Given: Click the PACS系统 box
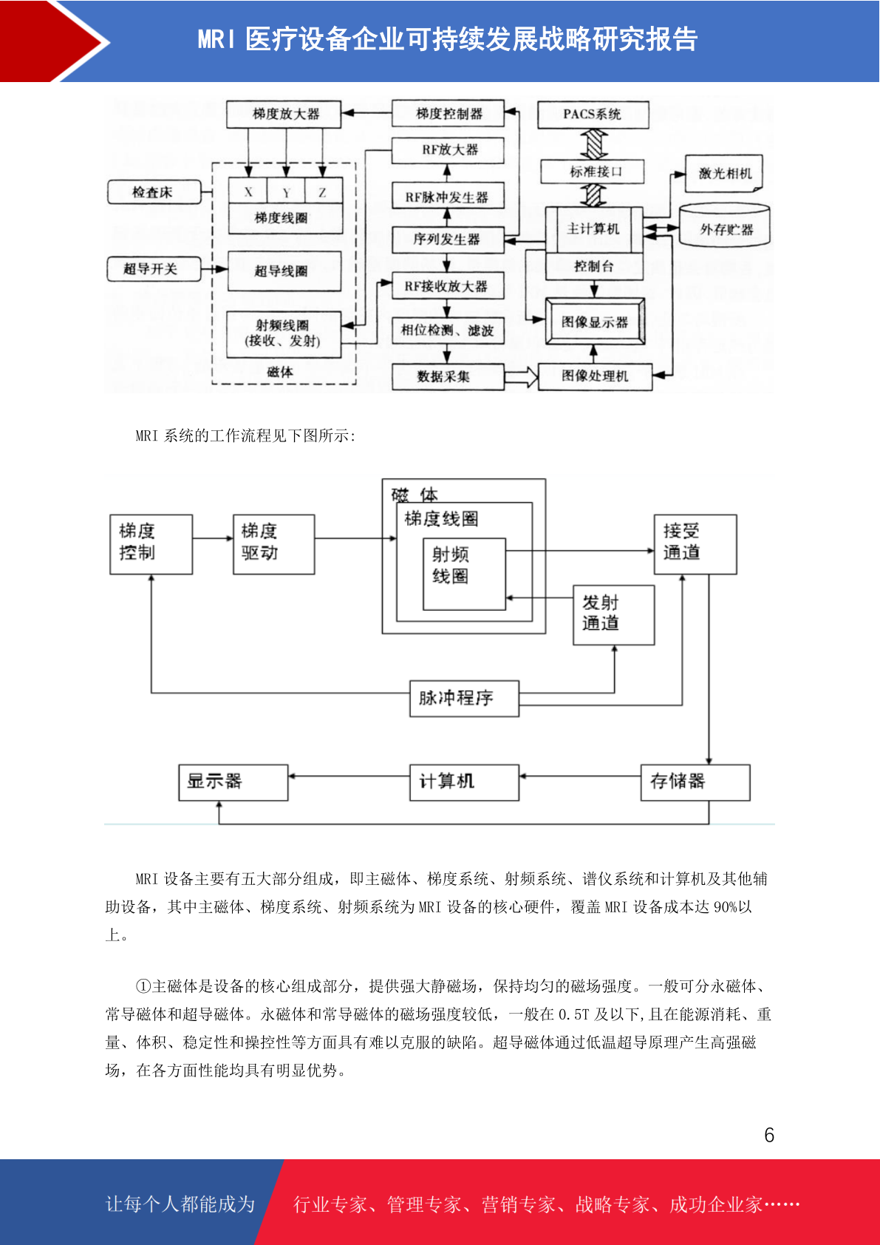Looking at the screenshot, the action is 593,115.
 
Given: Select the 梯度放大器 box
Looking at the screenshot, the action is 283,114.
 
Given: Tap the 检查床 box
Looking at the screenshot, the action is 154,192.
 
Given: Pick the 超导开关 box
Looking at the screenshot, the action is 154,269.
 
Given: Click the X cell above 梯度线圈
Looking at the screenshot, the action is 248,191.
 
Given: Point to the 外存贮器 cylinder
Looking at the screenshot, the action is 724,225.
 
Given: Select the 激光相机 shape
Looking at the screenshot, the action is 724,174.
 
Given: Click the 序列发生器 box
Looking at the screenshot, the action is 448,240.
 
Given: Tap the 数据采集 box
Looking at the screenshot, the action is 448,377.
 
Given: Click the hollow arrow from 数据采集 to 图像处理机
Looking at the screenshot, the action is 521,377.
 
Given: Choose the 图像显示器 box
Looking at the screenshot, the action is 595,322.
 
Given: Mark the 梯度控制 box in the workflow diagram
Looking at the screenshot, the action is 151,544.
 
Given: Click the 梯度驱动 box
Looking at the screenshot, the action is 274,544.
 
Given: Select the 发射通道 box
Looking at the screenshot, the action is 614,614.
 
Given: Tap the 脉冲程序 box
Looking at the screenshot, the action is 465,699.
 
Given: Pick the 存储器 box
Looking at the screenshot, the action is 695,783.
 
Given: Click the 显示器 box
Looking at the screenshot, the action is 233,783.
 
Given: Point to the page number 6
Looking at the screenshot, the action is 769,1135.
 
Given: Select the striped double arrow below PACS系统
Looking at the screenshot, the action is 594,144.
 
